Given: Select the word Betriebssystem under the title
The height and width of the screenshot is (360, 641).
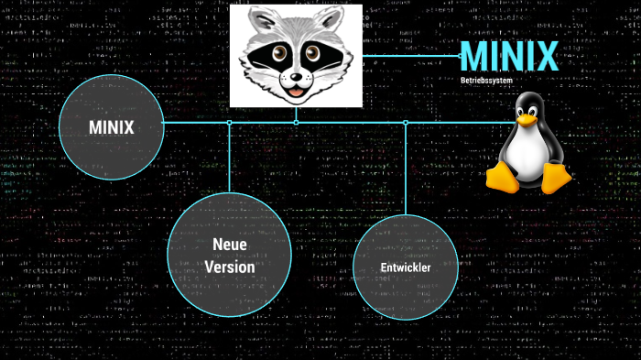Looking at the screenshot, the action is click(x=486, y=81).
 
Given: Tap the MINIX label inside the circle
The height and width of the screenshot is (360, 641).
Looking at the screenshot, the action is click(x=112, y=127).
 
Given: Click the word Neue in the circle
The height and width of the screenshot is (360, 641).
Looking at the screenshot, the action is click(x=230, y=245).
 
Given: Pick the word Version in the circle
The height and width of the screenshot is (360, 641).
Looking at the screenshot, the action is click(x=230, y=267).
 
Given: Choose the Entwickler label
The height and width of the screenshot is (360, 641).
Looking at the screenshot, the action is click(x=406, y=267).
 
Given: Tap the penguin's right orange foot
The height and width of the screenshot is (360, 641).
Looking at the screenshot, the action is click(x=555, y=178).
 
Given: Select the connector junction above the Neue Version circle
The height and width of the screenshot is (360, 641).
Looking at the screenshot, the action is click(x=230, y=122).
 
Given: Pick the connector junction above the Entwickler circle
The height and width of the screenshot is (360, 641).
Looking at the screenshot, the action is click(x=406, y=122).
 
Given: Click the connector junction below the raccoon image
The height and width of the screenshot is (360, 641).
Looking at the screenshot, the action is click(x=296, y=122).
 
